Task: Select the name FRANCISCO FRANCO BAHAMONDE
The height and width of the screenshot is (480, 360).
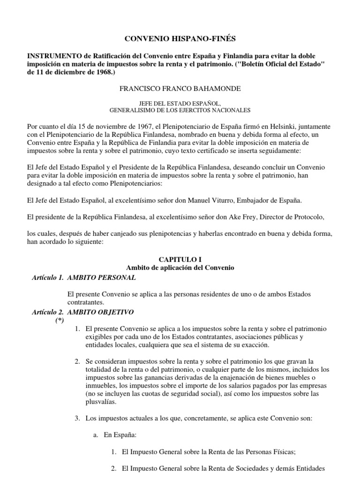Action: (x=180, y=88)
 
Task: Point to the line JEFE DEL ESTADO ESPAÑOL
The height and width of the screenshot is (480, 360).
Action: (x=180, y=103)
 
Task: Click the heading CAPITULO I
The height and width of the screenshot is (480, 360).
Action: (x=180, y=259)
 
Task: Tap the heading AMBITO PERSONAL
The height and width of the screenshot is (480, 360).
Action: (x=102, y=277)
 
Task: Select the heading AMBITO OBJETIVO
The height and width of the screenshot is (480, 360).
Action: (x=101, y=312)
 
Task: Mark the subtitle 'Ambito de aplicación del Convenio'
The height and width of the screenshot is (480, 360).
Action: (x=180, y=268)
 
